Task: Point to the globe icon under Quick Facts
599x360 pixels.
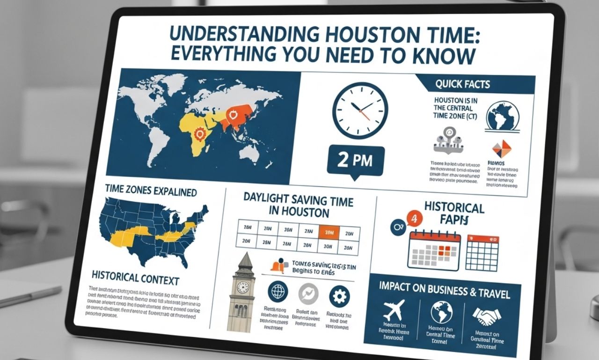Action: [503, 116]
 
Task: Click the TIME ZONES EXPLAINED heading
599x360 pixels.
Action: [151, 192]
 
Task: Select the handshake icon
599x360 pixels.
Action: [487, 316]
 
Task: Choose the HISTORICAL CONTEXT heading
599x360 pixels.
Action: [136, 280]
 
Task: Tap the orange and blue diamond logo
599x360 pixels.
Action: [502, 149]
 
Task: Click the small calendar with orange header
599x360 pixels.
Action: [482, 252]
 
